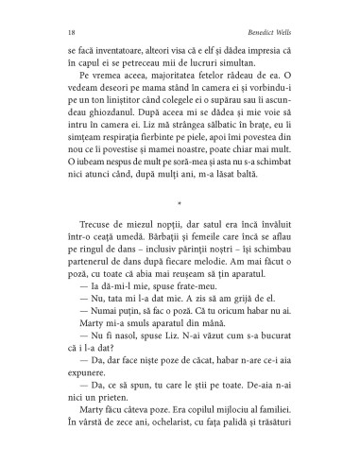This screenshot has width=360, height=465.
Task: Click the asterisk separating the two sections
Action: coord(180,201)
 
